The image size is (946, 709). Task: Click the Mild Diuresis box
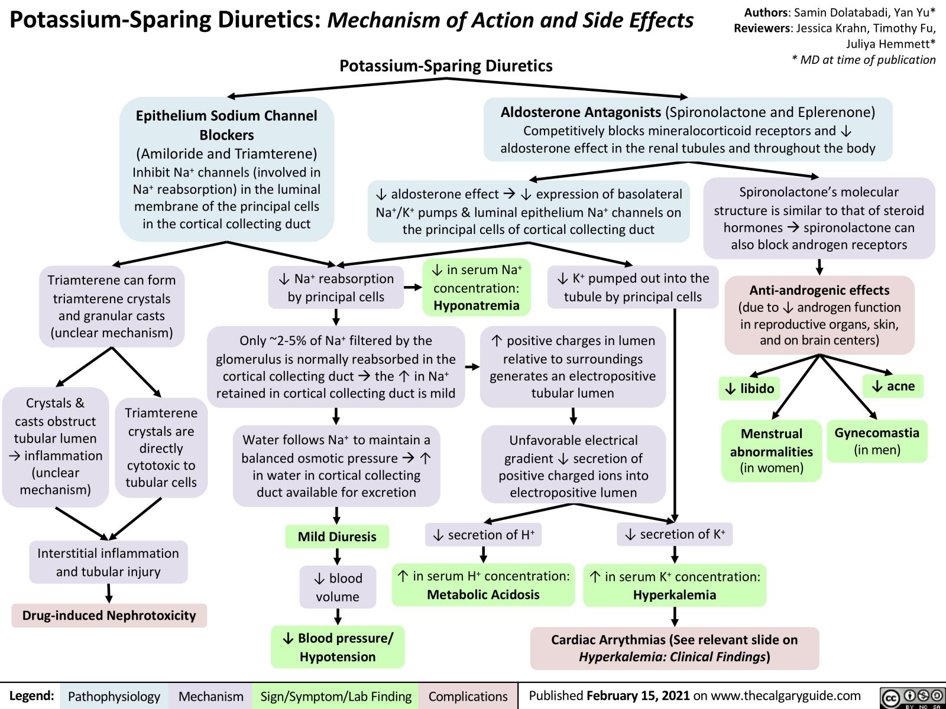point(337,536)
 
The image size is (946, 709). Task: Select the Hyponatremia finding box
point(477,288)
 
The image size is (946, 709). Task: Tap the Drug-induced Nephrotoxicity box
point(109,616)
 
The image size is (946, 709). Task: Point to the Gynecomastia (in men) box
point(877,441)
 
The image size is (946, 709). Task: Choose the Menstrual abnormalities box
point(772,451)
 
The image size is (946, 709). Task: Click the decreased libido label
point(749,388)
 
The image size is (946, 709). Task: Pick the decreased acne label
point(893,386)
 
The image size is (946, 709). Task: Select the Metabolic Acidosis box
point(483,586)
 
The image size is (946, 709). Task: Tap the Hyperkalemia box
point(675,586)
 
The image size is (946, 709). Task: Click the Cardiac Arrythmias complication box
point(675,648)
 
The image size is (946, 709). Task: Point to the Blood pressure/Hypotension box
point(338,647)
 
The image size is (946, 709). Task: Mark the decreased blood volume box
point(338,587)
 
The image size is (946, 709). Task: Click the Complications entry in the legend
point(468,697)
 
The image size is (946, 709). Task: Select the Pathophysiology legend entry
point(114,697)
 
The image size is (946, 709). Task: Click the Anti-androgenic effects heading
point(819,290)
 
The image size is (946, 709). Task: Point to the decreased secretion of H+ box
point(483,535)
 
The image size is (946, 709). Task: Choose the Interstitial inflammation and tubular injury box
point(108,562)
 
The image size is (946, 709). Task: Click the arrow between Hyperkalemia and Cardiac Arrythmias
point(675,617)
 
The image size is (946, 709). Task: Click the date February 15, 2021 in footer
point(638,696)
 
